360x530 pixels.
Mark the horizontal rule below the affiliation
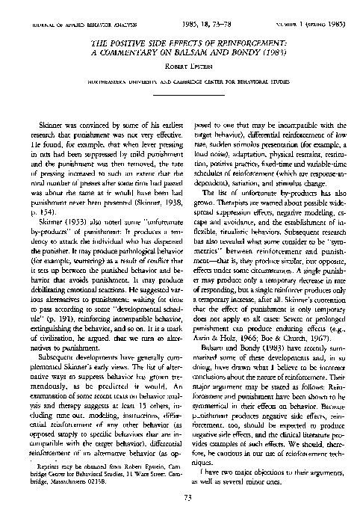(x=180, y=110)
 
